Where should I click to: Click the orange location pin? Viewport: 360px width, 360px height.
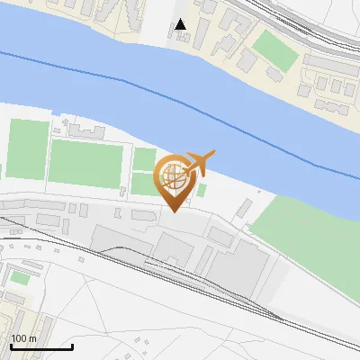(175, 180)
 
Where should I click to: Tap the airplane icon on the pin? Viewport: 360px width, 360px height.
(199, 163)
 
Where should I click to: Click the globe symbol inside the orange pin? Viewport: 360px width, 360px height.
(174, 176)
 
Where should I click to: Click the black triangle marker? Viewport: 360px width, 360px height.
(181, 24)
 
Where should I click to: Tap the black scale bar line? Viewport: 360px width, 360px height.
(41, 346)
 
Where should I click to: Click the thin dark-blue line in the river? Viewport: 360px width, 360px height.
(135, 86)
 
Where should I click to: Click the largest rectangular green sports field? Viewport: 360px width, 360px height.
(85, 163)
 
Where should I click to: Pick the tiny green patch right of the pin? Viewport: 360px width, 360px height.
(202, 190)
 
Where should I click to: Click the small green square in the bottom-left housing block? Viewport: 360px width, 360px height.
(20, 277)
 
